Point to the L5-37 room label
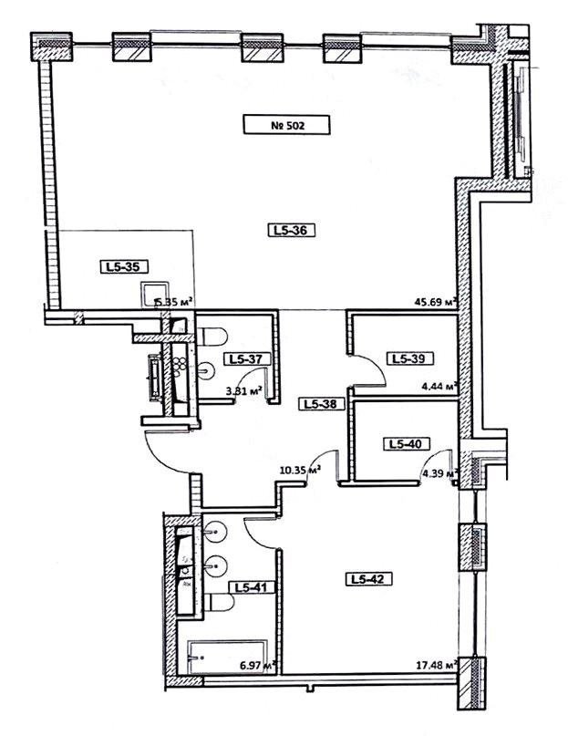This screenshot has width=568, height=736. click(246, 359)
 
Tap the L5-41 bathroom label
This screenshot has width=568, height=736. click(247, 588)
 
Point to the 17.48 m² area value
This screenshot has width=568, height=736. click(433, 666)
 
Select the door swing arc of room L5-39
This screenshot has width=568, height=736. click(368, 374)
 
